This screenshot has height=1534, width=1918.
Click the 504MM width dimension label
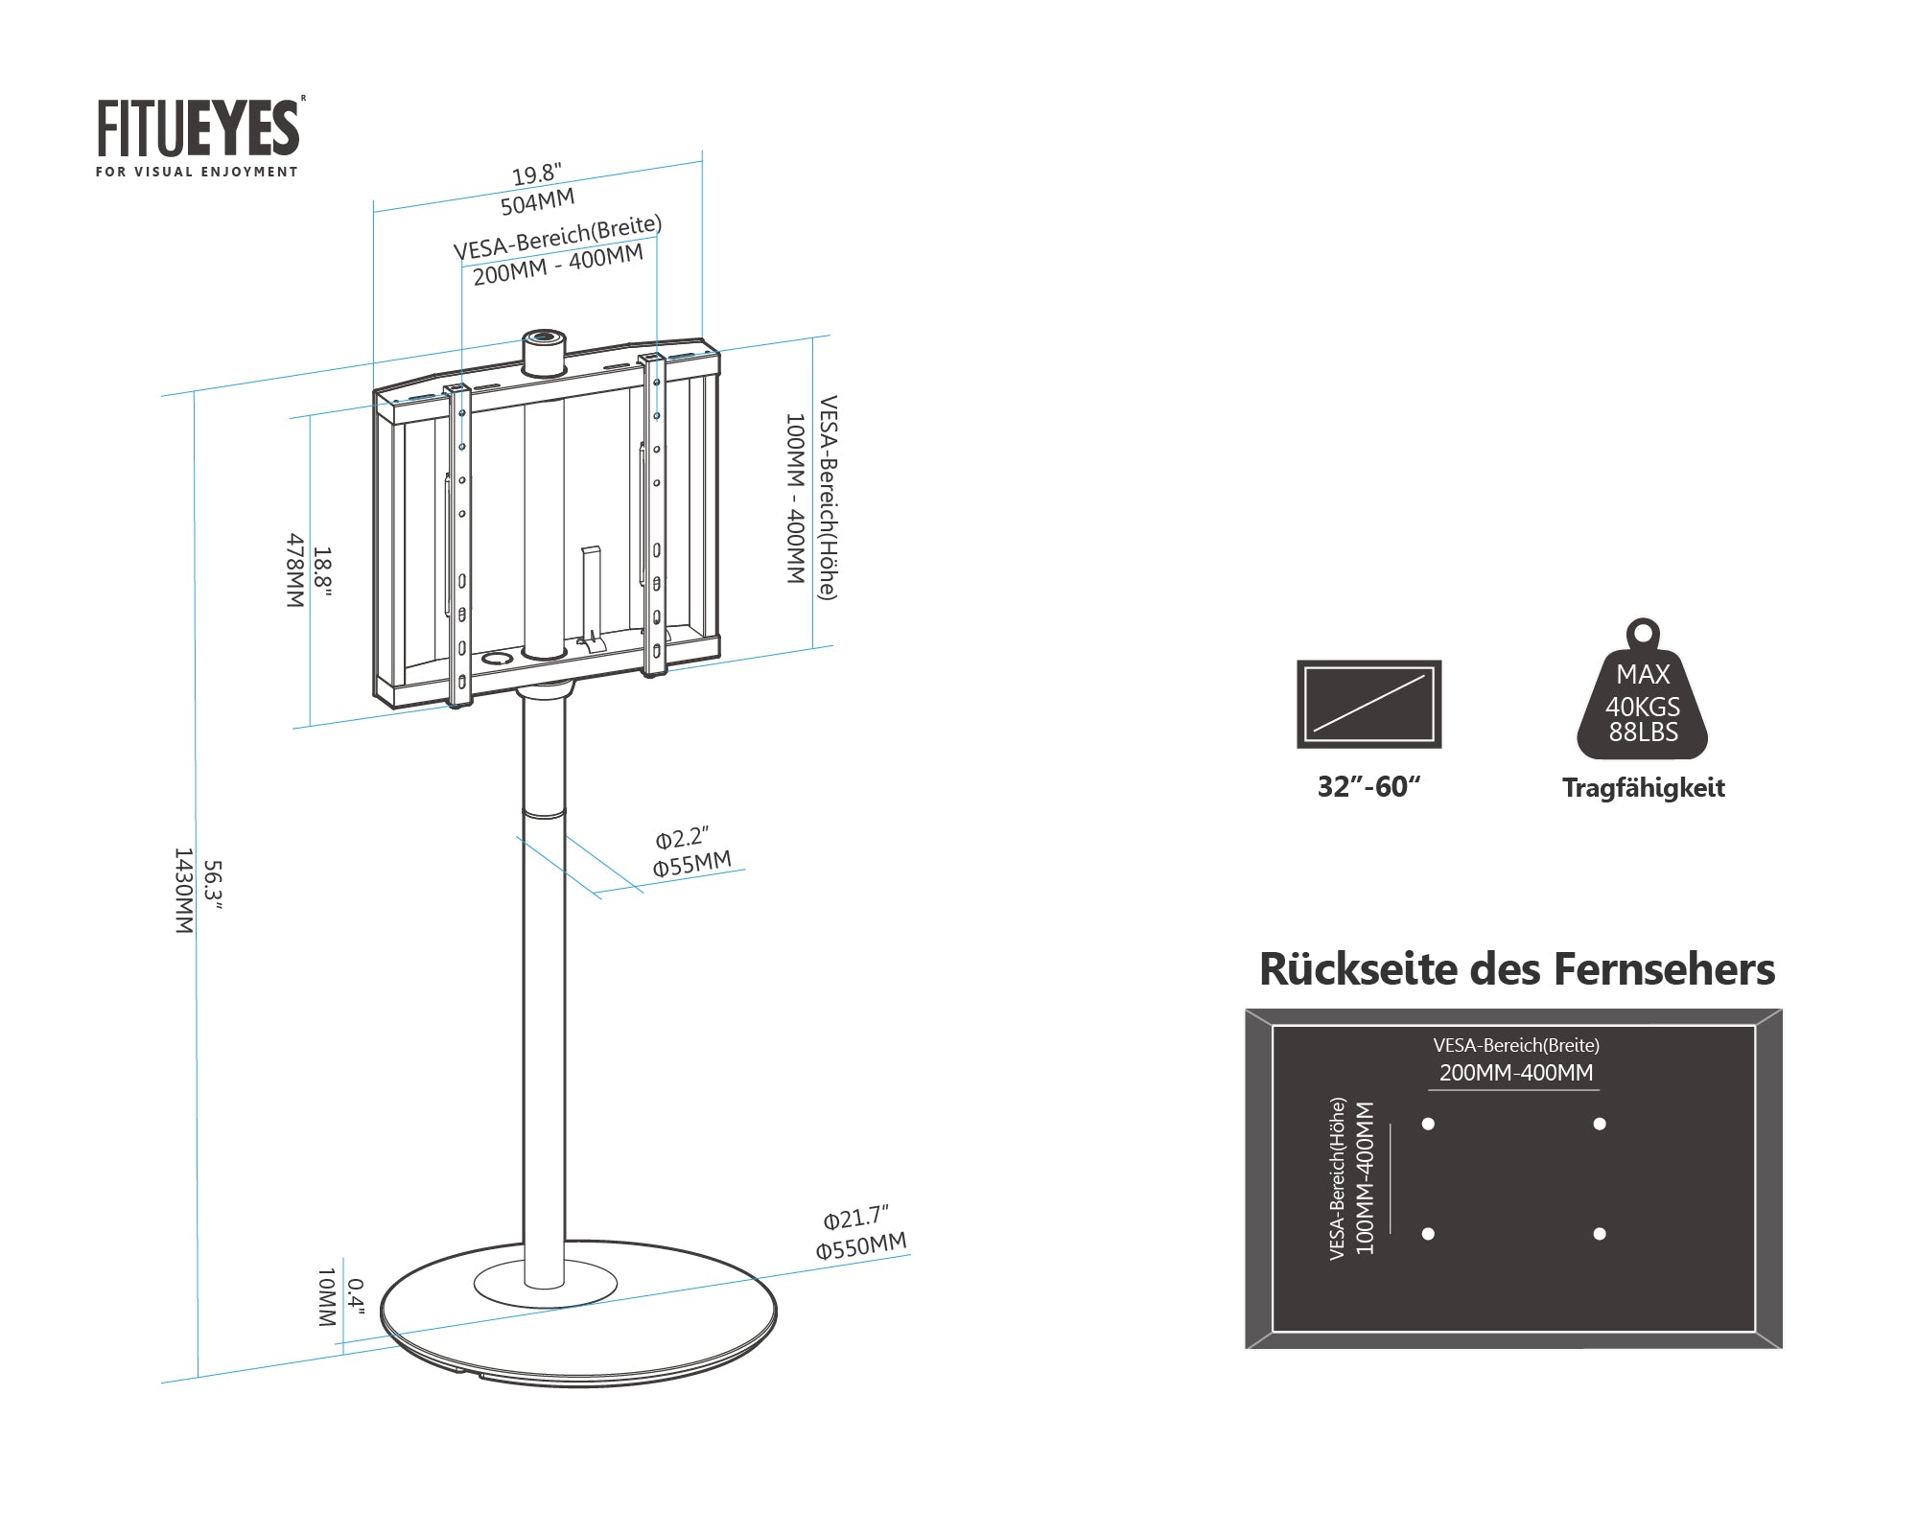(537, 202)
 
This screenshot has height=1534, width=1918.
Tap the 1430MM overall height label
(182, 891)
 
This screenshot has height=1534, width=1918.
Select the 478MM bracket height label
(295, 570)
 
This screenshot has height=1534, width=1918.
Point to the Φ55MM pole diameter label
(691, 864)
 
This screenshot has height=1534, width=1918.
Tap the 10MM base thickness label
(326, 1297)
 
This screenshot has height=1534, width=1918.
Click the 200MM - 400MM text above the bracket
(557, 266)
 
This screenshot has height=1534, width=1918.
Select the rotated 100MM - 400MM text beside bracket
(794, 499)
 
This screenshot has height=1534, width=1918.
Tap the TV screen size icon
(1368, 704)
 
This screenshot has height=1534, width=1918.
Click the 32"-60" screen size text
(1368, 787)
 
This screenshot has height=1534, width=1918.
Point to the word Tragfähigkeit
(1643, 788)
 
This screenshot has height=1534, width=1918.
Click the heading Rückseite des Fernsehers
(1516, 969)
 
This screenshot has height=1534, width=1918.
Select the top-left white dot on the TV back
(1428, 1124)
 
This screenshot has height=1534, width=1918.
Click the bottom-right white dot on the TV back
(1599, 1234)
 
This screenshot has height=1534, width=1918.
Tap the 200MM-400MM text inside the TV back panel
(1515, 1073)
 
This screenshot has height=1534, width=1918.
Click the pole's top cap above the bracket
(544, 352)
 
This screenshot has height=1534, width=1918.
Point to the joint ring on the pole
(544, 812)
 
